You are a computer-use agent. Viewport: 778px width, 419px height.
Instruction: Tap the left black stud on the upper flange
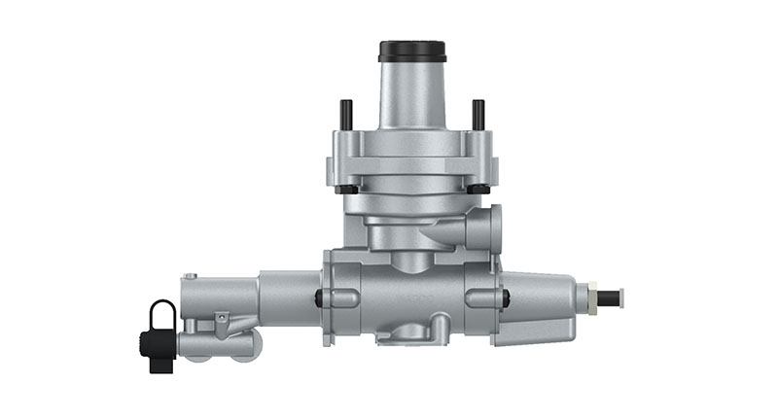(x=344, y=114)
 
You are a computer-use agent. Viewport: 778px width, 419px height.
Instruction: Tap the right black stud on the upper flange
(x=477, y=114)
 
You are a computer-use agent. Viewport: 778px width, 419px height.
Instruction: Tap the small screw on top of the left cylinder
(x=192, y=278)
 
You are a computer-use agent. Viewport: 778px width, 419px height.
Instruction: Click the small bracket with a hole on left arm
(x=223, y=318)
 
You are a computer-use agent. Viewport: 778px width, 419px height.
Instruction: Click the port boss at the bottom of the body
(x=412, y=333)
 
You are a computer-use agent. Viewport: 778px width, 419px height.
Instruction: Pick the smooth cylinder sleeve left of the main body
(x=288, y=297)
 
